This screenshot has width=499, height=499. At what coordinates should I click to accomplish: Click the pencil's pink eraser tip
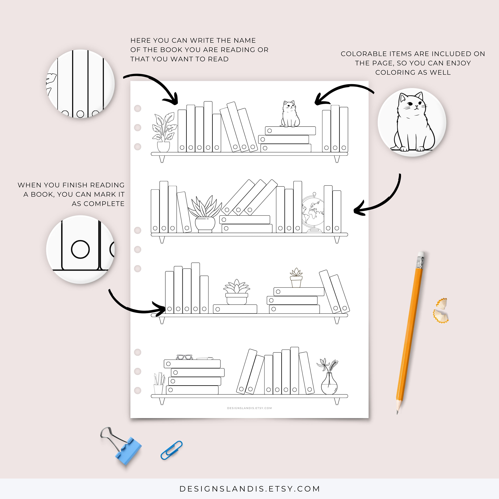coord(421,254)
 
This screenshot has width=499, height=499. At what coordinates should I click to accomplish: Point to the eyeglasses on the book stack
coord(185,357)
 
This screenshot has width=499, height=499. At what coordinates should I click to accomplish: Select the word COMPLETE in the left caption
coord(98,204)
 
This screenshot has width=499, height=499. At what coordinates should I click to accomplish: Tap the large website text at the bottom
coord(249,489)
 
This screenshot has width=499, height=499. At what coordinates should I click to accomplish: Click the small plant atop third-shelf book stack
coord(296,278)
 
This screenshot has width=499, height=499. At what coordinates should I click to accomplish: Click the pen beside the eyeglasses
coord(205,358)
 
